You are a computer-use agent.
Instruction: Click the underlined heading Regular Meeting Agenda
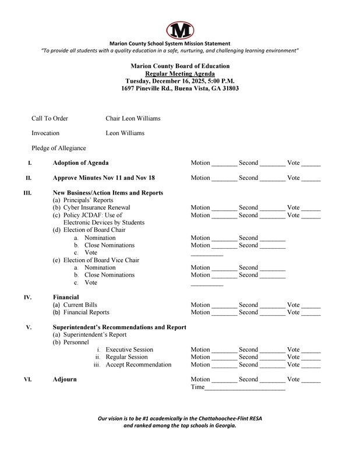pyautogui.click(x=180, y=74)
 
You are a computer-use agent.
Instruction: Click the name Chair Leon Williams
pyautogui.click(x=133, y=119)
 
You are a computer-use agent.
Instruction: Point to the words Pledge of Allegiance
pyautogui.click(x=59, y=148)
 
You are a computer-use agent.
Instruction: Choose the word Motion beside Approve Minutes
pyautogui.click(x=201, y=178)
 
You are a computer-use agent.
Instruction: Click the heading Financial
pyautogui.click(x=66, y=296)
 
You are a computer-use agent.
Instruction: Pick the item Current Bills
pyautogui.click(x=75, y=305)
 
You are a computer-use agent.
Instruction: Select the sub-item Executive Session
pyautogui.click(x=130, y=349)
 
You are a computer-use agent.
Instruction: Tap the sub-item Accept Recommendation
pyautogui.click(x=139, y=365)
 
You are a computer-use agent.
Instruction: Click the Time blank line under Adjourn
pyautogui.click(x=245, y=389)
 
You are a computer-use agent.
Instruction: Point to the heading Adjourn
pyautogui.click(x=65, y=379)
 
